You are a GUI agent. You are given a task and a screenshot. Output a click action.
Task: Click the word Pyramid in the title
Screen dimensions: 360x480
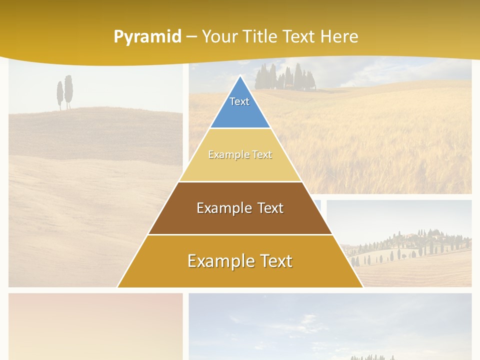(147, 37)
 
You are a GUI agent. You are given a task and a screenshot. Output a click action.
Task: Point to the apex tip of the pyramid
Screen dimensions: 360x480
(240, 76)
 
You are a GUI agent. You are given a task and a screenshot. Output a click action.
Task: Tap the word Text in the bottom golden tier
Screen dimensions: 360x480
(272, 261)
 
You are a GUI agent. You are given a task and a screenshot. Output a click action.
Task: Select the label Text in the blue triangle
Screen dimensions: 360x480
(239, 101)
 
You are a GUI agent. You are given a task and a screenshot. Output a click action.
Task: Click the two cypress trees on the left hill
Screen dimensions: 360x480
(64, 92)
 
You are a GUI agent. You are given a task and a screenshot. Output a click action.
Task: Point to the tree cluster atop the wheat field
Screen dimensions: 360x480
(285, 77)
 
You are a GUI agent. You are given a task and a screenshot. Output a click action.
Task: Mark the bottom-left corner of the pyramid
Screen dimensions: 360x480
(118, 287)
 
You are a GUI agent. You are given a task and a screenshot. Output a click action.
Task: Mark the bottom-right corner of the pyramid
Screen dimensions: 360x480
(362, 287)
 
